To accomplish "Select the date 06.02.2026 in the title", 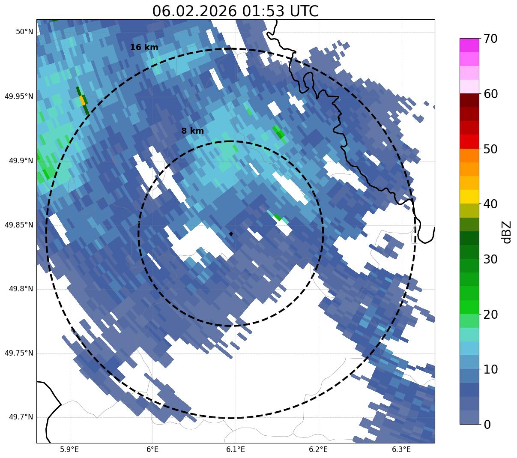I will click(x=194, y=11).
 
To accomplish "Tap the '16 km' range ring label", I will click(x=144, y=48).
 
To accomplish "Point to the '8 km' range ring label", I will click(x=192, y=131).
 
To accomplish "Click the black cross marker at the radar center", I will click(x=231, y=234).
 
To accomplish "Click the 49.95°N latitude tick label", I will click(x=19, y=96).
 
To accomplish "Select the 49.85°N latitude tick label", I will click(x=19, y=225).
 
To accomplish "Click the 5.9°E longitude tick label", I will click(x=69, y=449).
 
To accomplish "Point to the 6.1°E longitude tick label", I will click(x=236, y=449).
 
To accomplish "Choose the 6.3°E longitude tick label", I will click(x=401, y=449).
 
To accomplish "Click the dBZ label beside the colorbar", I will click(x=507, y=232).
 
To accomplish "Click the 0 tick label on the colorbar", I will click(x=487, y=425).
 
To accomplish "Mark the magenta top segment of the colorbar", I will click(x=469, y=45).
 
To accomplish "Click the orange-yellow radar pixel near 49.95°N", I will click(x=82, y=100).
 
